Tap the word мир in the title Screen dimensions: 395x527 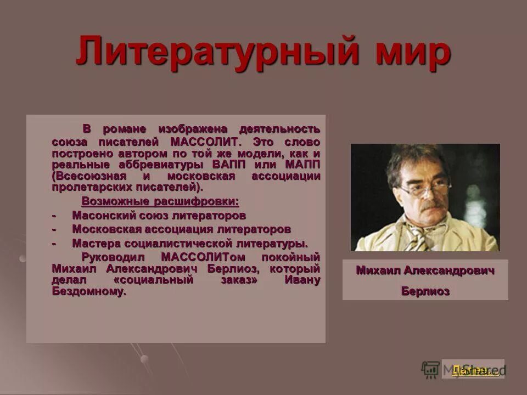(x=406, y=51)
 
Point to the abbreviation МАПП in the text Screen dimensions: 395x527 (x=302, y=165)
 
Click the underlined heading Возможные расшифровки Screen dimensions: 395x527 (x=160, y=200)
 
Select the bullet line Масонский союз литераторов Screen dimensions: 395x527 (x=159, y=215)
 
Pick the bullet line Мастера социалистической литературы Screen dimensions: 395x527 (x=190, y=242)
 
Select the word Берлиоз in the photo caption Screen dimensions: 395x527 (x=425, y=291)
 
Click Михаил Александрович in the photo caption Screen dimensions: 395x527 (x=425, y=270)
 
